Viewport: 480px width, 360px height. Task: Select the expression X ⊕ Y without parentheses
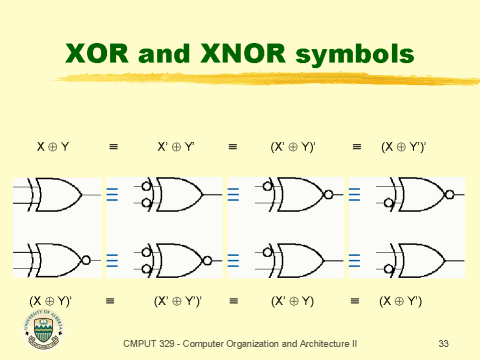(x=52, y=147)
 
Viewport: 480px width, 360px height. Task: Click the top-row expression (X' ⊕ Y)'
(x=293, y=147)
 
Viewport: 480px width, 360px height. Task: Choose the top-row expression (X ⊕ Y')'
(x=404, y=147)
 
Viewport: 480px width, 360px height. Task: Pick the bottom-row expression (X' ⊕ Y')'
(x=178, y=299)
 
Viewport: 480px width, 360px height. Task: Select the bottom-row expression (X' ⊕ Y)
(x=293, y=299)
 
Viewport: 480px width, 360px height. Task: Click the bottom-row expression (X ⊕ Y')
(x=402, y=299)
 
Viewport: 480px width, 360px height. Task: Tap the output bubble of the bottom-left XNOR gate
(x=87, y=260)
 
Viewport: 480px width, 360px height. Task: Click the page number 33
(x=444, y=343)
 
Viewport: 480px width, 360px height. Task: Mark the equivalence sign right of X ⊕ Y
(x=113, y=147)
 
